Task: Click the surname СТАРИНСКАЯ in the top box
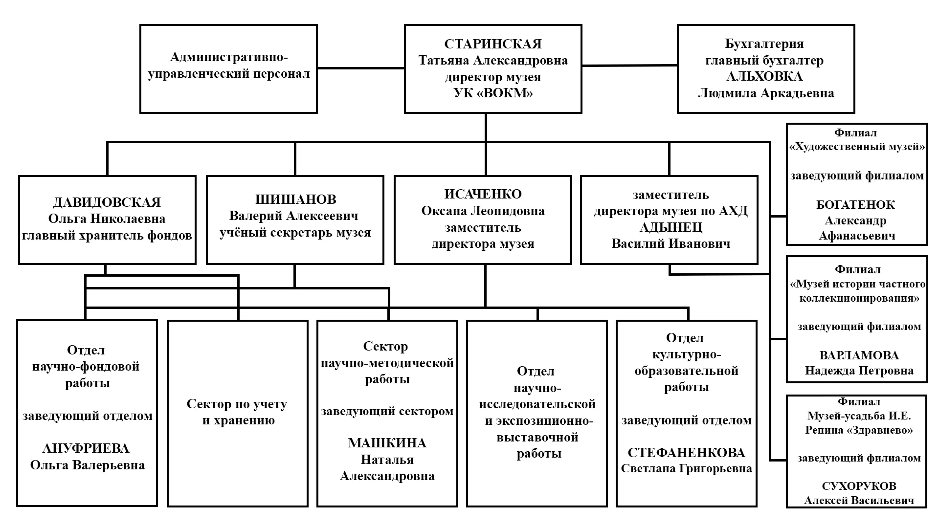tap(493, 44)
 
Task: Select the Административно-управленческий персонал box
tap(228, 69)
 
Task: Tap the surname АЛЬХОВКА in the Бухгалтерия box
tap(764, 77)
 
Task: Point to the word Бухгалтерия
tap(764, 44)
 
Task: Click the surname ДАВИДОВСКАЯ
tap(107, 202)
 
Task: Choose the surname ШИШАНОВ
tap(295, 199)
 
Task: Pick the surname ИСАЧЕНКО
tap(483, 194)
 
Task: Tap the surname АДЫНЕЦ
tap(671, 227)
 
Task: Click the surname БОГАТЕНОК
tap(856, 205)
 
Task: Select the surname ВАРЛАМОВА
tap(859, 355)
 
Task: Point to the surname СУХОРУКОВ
tap(859, 486)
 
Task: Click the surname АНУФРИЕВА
tap(86, 448)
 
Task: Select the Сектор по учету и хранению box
tap(238, 413)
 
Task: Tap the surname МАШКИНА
tap(387, 443)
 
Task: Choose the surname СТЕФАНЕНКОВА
tap(686, 452)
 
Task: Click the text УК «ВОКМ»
tap(493, 93)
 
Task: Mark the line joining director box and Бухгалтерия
tap(629, 66)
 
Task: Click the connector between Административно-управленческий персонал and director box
tap(361, 68)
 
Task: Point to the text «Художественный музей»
tap(857, 147)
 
